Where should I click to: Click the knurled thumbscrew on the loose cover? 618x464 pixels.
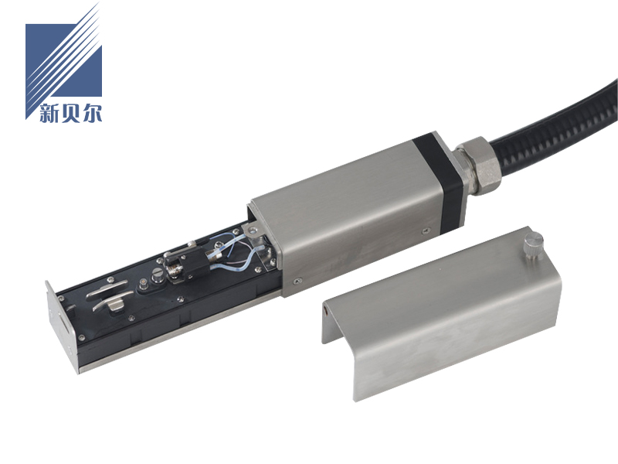[x=533, y=244]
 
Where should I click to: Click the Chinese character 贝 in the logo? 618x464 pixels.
[x=70, y=113]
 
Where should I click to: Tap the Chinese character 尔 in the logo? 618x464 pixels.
[x=92, y=113]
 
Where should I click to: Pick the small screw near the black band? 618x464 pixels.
[x=426, y=231]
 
